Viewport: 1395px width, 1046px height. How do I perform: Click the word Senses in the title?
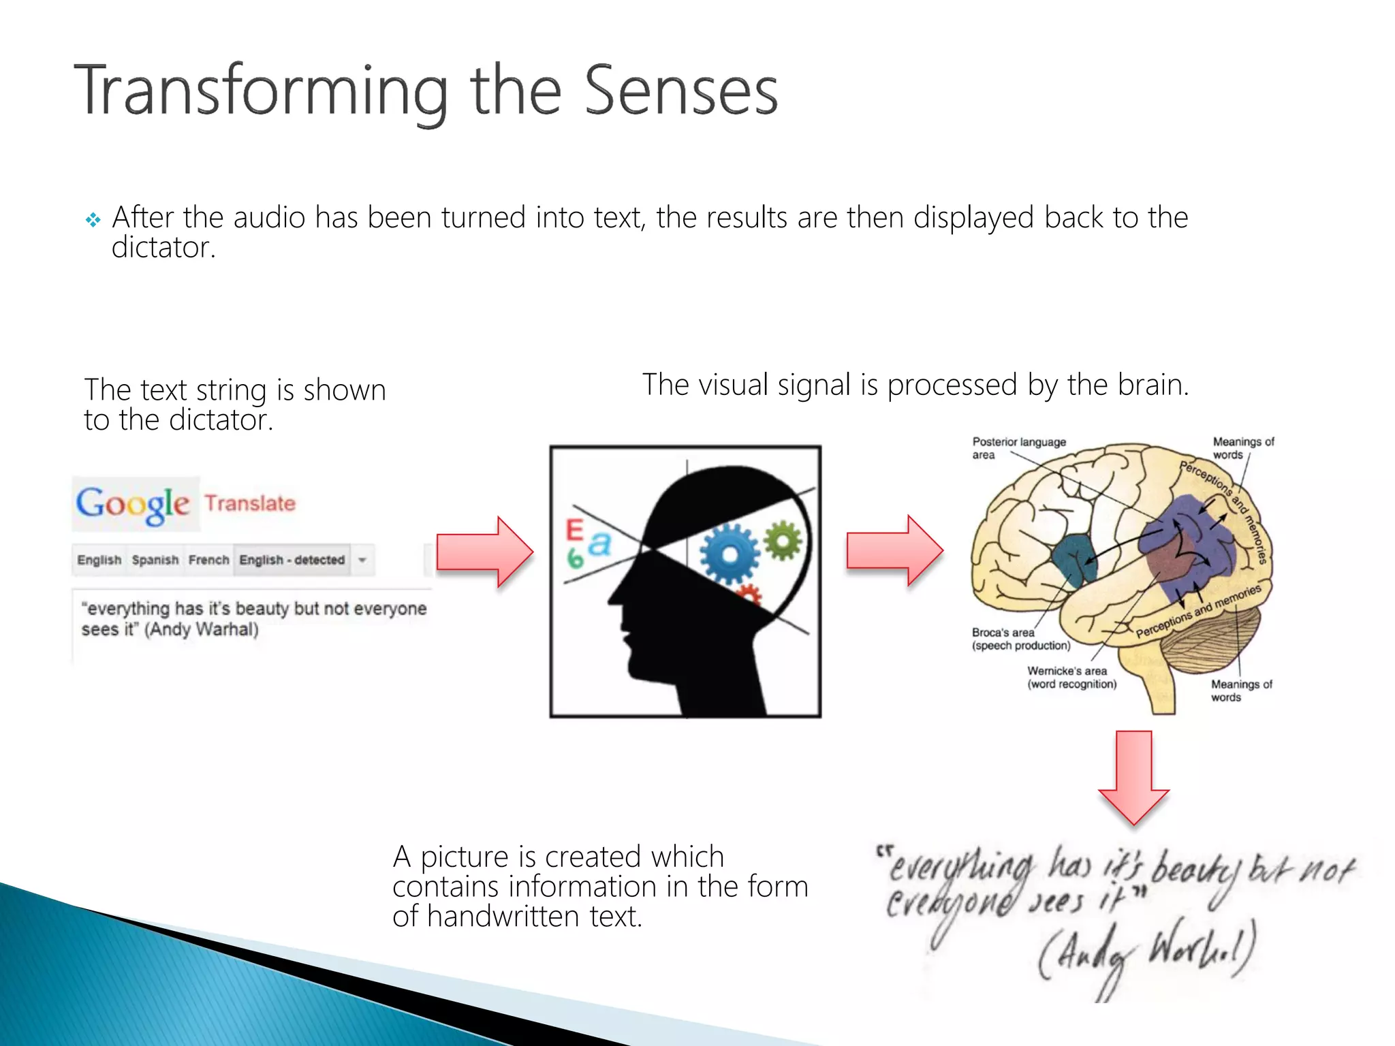(680, 92)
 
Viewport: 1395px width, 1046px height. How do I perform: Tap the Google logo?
(133, 505)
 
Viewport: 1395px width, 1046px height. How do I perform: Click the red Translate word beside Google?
(250, 503)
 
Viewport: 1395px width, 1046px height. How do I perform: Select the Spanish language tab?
(155, 560)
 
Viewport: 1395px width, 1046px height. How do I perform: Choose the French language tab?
(208, 560)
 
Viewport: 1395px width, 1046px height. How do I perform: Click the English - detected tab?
(292, 560)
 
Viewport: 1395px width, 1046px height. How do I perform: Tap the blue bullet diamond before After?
(93, 220)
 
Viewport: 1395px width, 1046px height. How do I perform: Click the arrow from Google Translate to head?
(484, 552)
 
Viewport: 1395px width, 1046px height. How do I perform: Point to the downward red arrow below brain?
(1133, 777)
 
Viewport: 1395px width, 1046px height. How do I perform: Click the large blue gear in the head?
(729, 555)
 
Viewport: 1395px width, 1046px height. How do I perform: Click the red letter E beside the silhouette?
(574, 530)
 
